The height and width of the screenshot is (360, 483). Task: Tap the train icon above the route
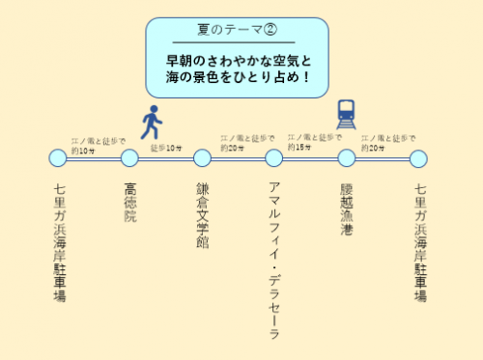[346, 114]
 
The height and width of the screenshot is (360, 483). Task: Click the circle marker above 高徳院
[130, 157]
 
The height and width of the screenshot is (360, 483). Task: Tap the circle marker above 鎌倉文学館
[202, 157]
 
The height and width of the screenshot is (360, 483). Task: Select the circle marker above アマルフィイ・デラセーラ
[274, 157]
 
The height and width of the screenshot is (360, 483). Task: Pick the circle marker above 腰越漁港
[346, 157]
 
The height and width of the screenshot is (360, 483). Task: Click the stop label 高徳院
[130, 203]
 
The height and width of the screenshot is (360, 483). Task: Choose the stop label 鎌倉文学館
[202, 214]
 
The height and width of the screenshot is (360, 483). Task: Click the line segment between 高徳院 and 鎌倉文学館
[166, 157]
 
